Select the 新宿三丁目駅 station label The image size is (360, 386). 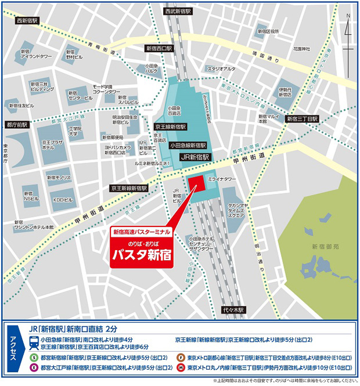coord(303,118)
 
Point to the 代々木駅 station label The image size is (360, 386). coord(236,311)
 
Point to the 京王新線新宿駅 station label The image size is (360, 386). coord(129,188)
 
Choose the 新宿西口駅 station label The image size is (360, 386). coord(159,49)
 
